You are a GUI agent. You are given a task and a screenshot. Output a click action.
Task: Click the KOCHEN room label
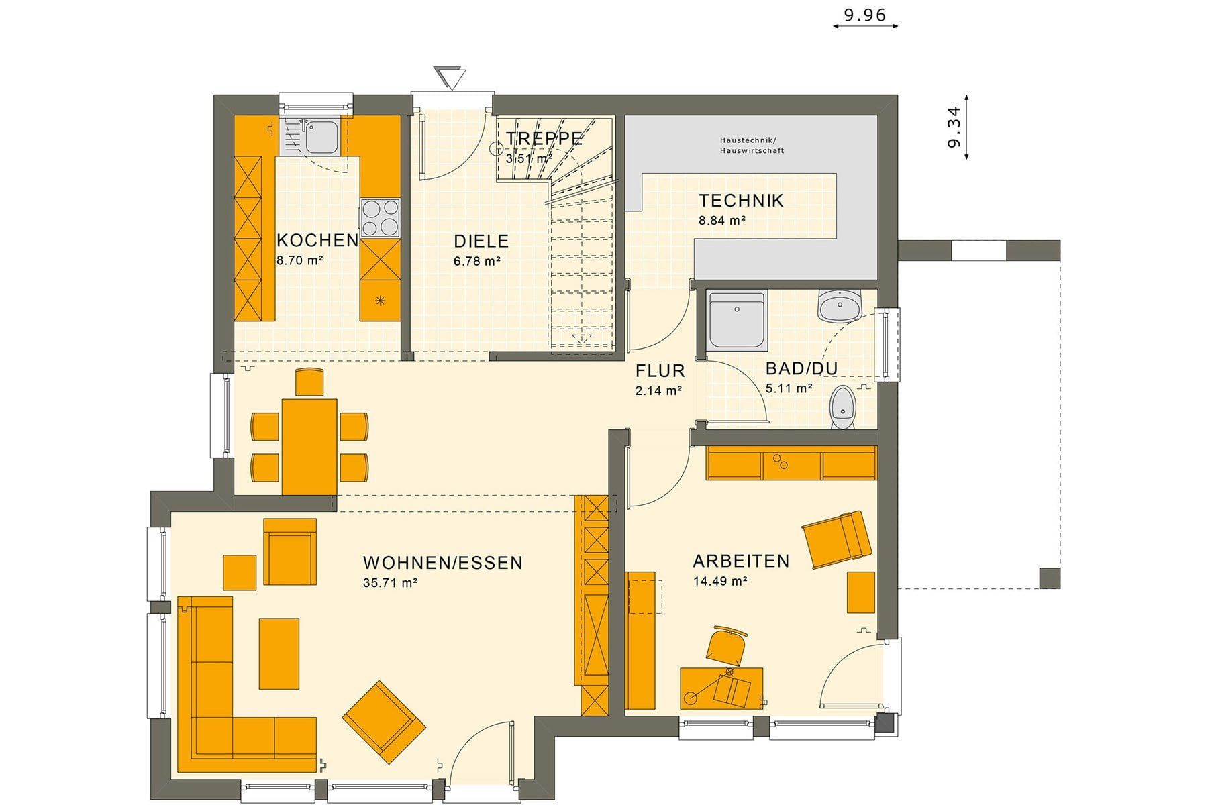tap(317, 241)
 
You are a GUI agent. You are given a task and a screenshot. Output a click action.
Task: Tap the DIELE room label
tap(481, 241)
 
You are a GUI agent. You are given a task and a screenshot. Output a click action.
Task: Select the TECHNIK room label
tap(741, 201)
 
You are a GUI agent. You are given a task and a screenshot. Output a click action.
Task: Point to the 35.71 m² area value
tap(391, 583)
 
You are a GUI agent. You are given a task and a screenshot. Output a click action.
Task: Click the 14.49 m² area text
tap(721, 581)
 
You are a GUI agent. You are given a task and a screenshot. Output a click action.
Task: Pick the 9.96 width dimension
tap(865, 15)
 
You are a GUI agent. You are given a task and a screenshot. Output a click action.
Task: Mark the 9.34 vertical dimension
tap(954, 127)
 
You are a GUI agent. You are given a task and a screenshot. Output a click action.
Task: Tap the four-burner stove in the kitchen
tap(380, 218)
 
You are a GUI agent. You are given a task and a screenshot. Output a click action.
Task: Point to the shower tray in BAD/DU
tap(738, 321)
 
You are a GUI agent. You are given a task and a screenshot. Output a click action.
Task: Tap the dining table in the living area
tap(309, 447)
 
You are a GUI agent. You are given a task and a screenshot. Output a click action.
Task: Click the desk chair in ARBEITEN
tap(726, 645)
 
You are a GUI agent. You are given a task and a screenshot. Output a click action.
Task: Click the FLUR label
tap(660, 371)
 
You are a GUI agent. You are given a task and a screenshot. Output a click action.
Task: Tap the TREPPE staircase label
tap(544, 139)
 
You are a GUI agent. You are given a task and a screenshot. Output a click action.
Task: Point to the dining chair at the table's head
tap(309, 382)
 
